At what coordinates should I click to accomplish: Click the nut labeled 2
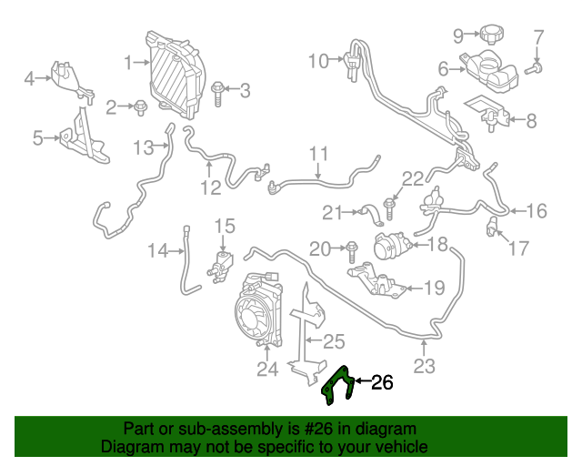point(139,108)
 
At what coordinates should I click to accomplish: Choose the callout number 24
point(266,369)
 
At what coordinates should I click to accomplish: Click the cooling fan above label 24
point(256,314)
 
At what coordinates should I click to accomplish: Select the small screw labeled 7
point(537,66)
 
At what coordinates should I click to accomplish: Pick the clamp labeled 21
point(371,214)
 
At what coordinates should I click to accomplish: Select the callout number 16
point(537,211)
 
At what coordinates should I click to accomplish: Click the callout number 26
point(383,383)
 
